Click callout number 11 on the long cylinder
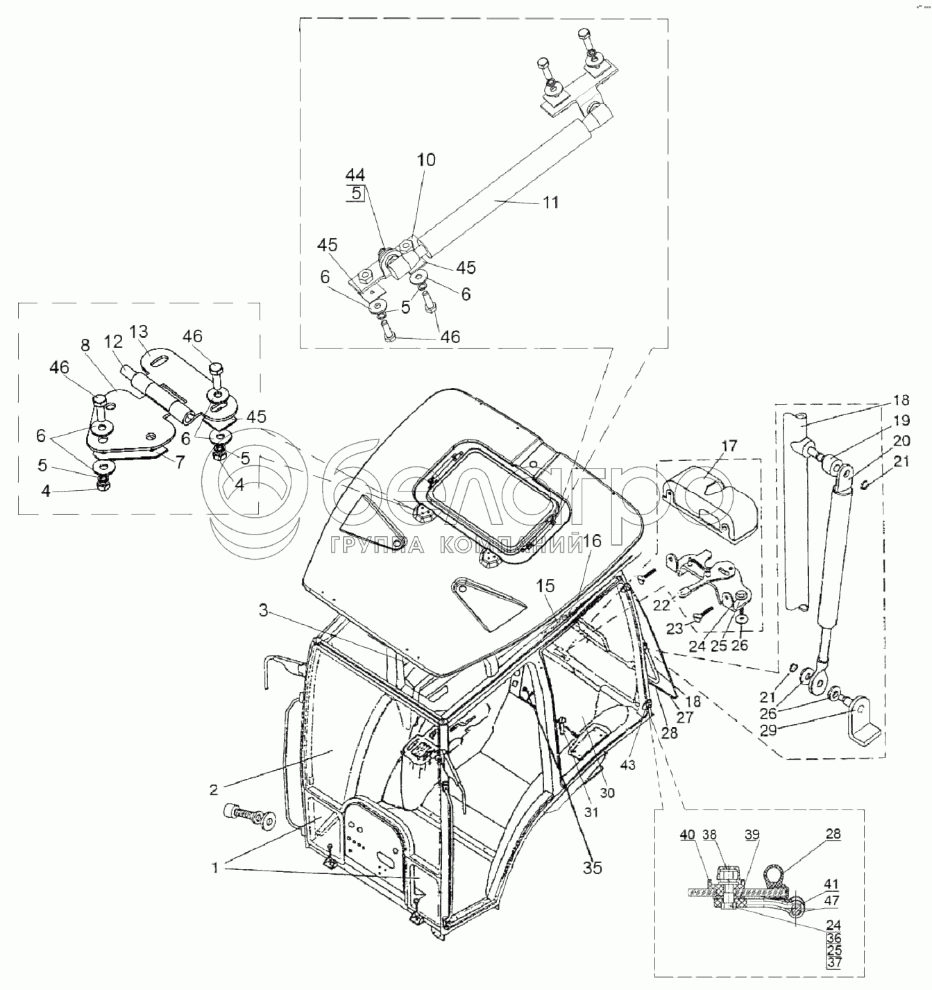(x=550, y=203)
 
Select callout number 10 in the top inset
(x=426, y=160)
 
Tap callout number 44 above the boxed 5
(x=356, y=174)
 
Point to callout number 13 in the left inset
(x=138, y=330)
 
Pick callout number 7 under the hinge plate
(x=180, y=462)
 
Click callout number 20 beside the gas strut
(x=901, y=441)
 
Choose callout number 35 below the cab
(x=592, y=867)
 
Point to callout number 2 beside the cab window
(x=214, y=789)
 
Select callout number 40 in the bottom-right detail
(x=687, y=835)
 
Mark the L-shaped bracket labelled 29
(x=861, y=725)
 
